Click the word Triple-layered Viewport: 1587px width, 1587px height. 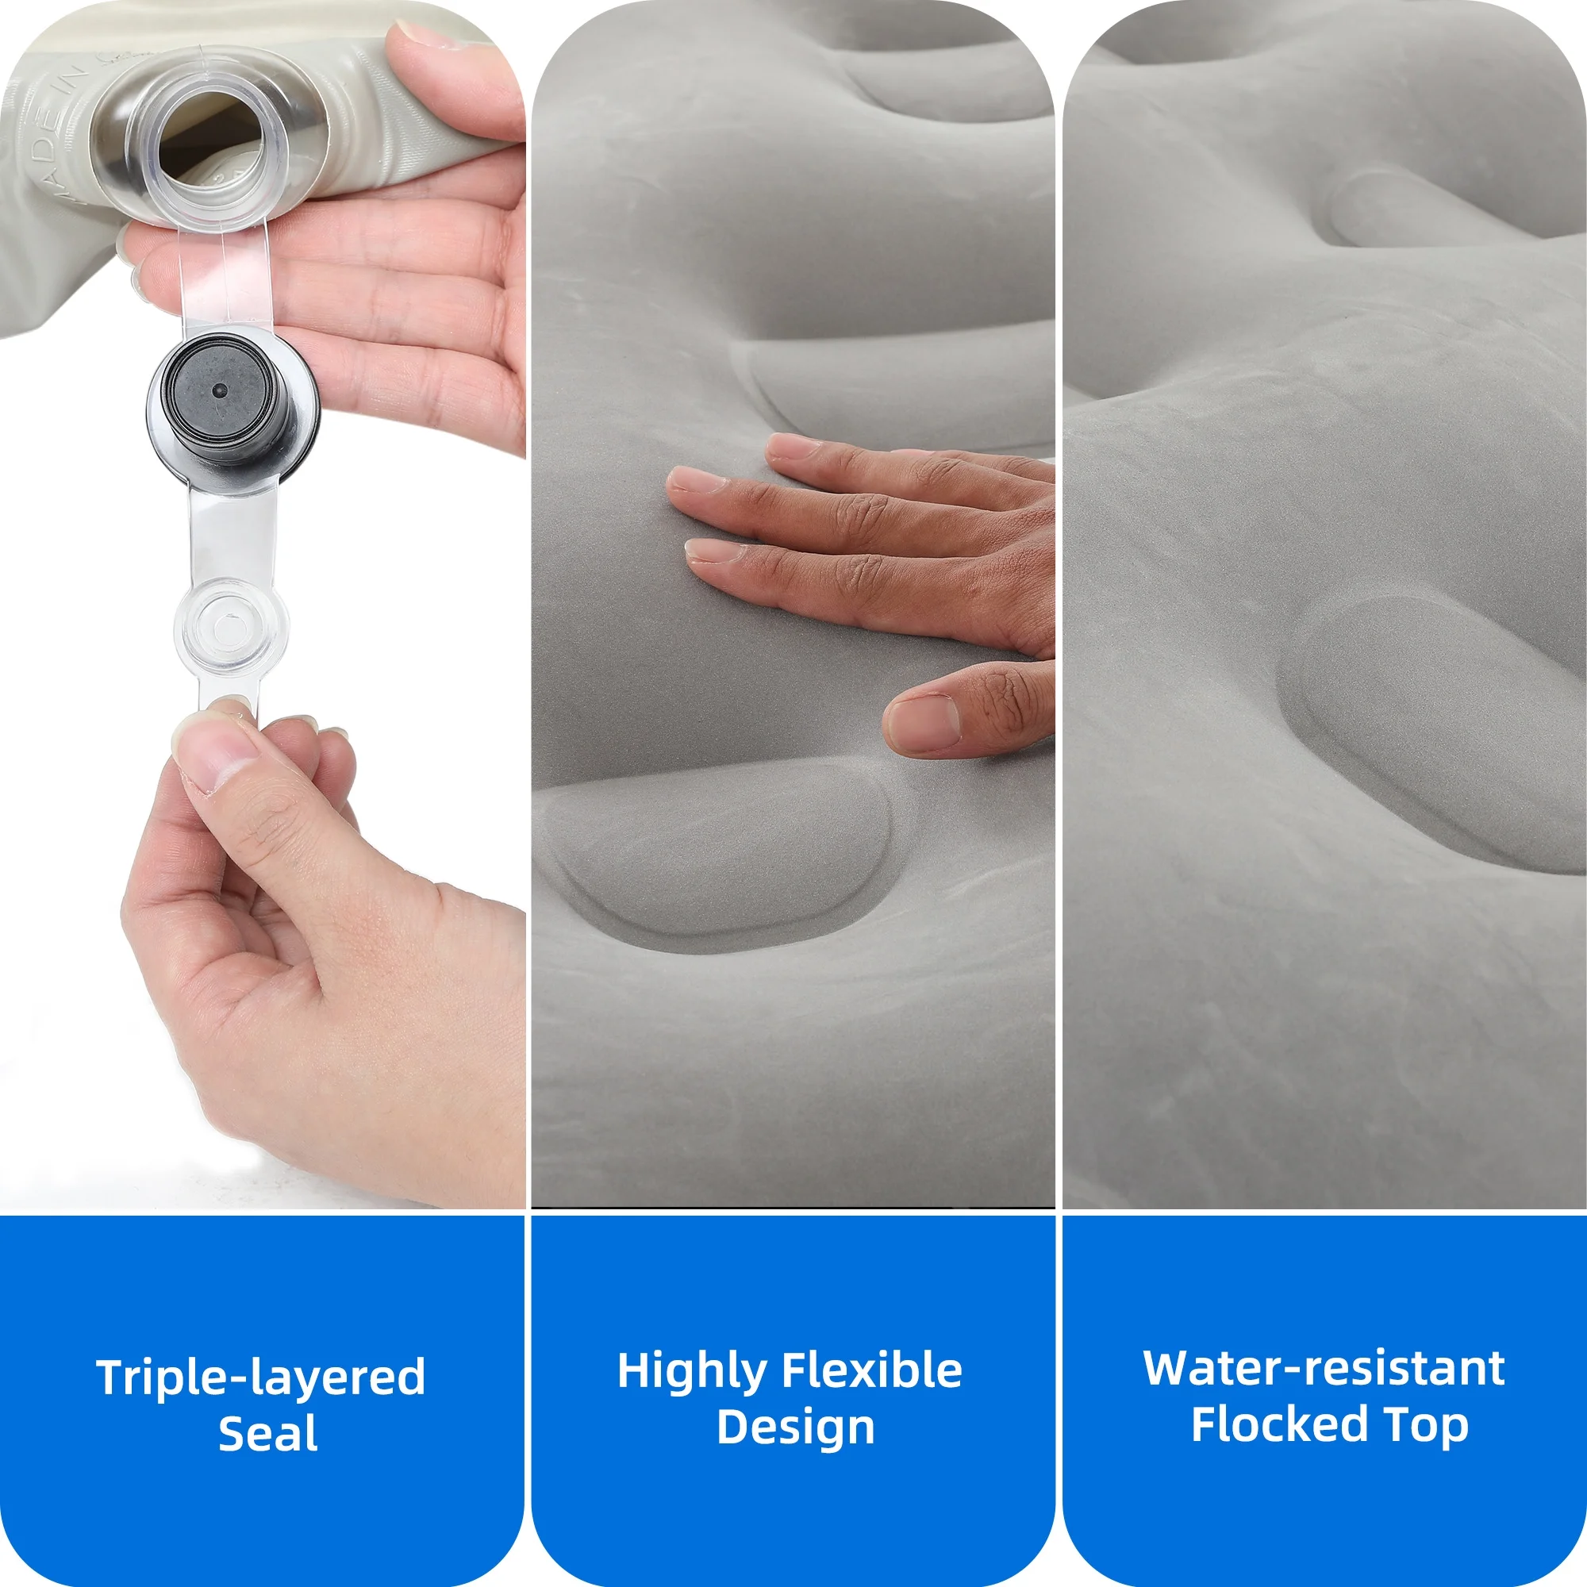pos(260,1378)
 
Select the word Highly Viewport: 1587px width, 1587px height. pos(692,1372)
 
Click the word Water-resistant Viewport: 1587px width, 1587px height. pos(1324,1369)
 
